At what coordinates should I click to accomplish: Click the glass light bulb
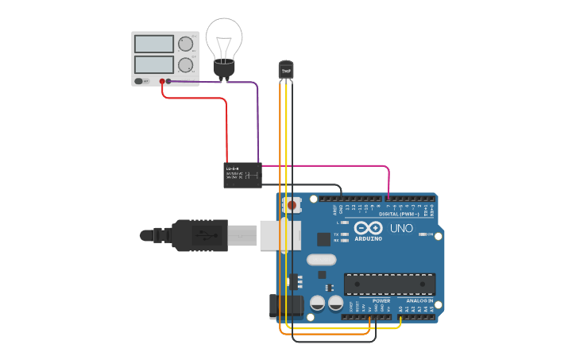pos(223,40)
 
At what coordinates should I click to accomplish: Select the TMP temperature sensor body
pos(286,70)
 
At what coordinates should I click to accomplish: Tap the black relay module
pos(242,175)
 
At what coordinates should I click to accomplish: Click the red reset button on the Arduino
pos(292,205)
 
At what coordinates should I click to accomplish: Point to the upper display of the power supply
pos(154,44)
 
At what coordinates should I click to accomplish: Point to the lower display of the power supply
pos(154,64)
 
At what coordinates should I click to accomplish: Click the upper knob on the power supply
pos(186,44)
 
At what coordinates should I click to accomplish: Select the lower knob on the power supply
pos(186,64)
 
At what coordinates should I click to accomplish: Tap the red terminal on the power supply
pos(162,81)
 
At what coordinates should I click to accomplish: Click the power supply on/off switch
pos(139,80)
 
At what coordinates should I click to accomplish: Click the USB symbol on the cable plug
pos(206,235)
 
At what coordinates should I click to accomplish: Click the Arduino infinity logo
pos(368,226)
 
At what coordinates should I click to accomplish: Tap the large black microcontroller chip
pos(389,284)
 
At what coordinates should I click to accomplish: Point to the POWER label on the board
pos(381,301)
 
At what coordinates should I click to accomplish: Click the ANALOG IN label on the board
pos(420,301)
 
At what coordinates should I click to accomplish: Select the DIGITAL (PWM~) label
pos(400,214)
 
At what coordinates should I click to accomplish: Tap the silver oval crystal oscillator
pos(321,260)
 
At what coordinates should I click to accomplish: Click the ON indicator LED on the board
pos(422,234)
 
